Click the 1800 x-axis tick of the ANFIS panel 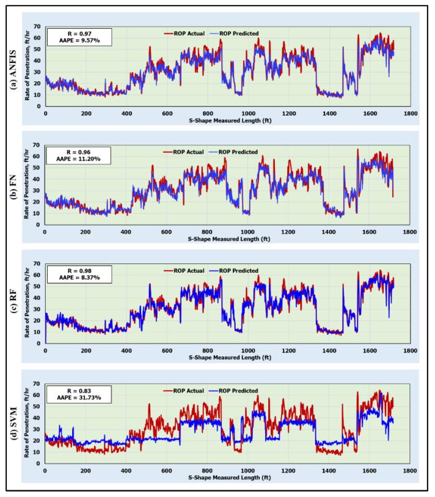(410, 113)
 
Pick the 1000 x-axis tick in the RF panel (247, 350)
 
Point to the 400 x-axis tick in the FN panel (125, 232)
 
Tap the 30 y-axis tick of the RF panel (38, 309)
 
